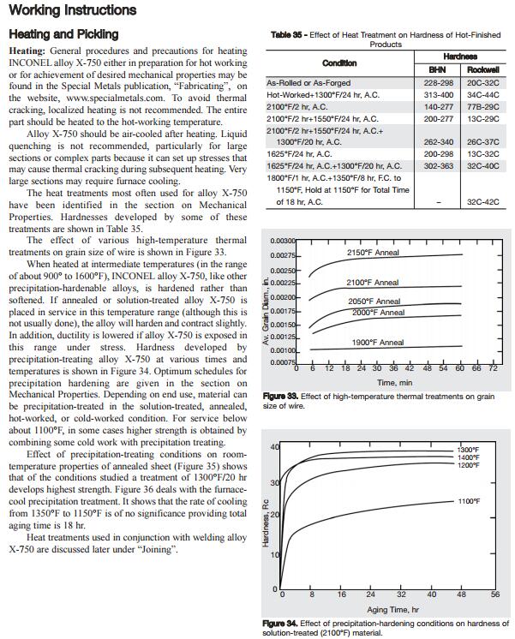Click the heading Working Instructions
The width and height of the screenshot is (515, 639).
click(x=72, y=11)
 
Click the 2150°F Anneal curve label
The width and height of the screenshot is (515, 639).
click(x=373, y=254)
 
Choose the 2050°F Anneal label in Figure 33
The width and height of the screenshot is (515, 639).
click(x=374, y=302)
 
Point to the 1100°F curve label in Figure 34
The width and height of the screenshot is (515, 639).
click(x=469, y=501)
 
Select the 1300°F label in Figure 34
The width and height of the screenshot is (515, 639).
click(x=468, y=450)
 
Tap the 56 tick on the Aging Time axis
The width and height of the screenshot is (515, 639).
click(x=494, y=594)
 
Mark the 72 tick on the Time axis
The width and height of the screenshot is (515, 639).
click(x=493, y=368)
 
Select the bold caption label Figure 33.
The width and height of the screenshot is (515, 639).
click(x=280, y=397)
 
